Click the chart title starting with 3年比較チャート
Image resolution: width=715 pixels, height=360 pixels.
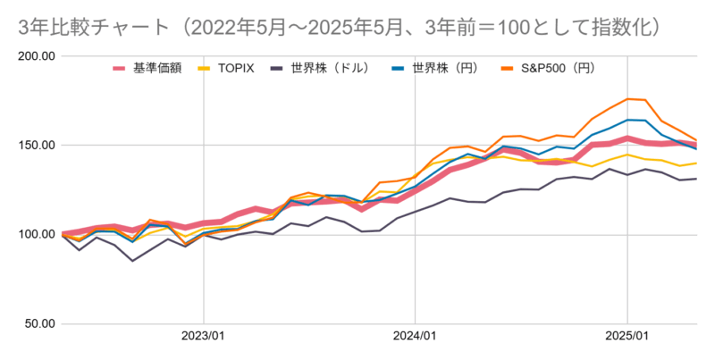tap(340, 26)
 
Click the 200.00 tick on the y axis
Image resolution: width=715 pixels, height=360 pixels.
tap(37, 56)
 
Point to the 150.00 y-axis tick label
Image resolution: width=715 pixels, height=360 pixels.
tap(37, 146)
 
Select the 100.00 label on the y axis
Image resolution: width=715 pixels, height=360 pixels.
tap(37, 235)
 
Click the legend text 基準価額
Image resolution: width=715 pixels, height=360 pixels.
tap(157, 68)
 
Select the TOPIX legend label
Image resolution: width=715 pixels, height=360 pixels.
tap(238, 68)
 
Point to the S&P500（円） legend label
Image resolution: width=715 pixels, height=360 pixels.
tap(559, 68)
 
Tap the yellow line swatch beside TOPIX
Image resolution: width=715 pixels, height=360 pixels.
tap(206, 68)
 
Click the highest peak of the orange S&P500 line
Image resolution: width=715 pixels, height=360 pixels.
tap(627, 98)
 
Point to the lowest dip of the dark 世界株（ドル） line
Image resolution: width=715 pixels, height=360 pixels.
tap(133, 261)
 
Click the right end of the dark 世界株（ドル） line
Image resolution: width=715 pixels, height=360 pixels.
tap(696, 179)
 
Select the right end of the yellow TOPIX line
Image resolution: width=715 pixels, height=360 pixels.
tap(696, 163)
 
